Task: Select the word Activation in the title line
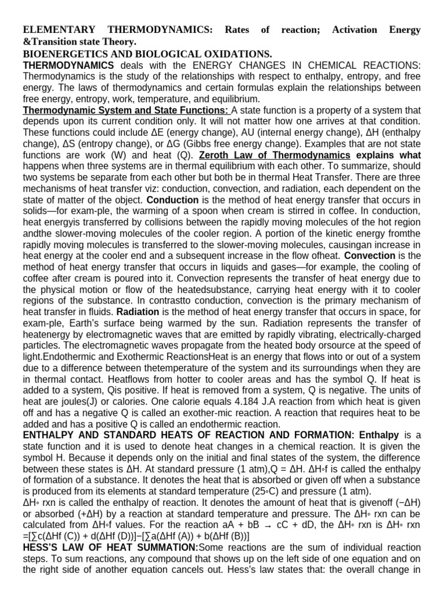click(355, 29)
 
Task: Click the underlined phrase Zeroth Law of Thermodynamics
click(275, 156)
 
